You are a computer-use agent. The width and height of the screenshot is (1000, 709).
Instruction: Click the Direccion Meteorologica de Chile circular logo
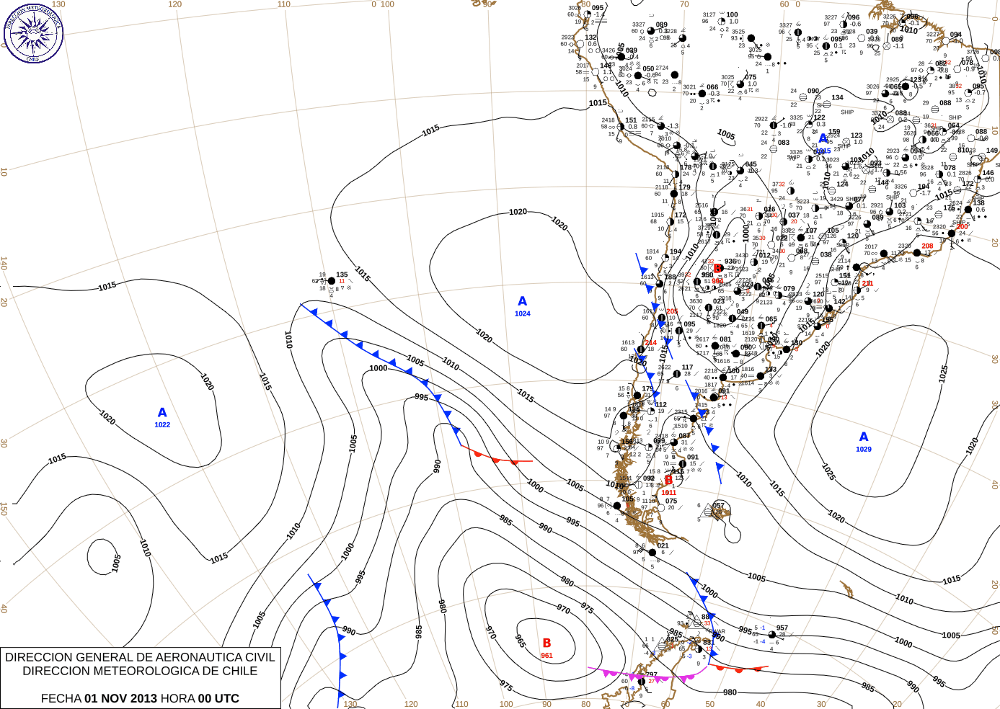[33, 32]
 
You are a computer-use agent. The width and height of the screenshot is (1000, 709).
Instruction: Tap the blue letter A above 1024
[523, 301]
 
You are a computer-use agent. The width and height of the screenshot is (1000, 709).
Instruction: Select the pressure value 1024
[523, 313]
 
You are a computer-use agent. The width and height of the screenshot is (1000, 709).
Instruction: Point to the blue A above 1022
[162, 412]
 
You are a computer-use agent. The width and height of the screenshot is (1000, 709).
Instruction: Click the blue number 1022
[162, 424]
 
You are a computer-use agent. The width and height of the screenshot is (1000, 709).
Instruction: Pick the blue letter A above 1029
[864, 437]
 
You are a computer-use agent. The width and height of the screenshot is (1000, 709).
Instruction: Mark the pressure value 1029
[864, 449]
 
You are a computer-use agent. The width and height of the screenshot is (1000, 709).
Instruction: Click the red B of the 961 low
[547, 643]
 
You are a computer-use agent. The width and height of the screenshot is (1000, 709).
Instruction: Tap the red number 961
[547, 656]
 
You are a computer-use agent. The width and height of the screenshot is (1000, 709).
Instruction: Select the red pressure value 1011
[669, 493]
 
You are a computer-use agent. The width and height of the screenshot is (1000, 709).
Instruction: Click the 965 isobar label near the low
[520, 641]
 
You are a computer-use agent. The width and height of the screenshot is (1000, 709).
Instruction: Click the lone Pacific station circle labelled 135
[332, 281]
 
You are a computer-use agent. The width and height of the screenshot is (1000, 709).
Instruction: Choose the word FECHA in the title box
[61, 698]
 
